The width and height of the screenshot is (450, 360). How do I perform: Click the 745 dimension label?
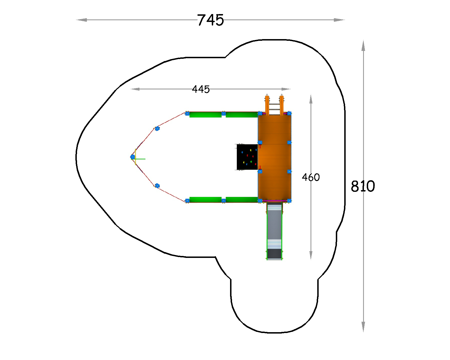tap(210, 20)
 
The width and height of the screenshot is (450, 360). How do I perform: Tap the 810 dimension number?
tap(363, 186)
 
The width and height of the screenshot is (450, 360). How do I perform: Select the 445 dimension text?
tap(201, 89)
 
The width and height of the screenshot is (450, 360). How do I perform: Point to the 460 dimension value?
tap(311, 177)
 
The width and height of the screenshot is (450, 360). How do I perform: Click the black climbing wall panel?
tap(247, 157)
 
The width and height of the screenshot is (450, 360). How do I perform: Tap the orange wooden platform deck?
tap(274, 157)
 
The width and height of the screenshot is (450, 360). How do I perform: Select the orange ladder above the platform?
tap(274, 105)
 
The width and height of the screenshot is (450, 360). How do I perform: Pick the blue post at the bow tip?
tap(132, 157)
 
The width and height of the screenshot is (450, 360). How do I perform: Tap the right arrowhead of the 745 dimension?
tap(339, 20)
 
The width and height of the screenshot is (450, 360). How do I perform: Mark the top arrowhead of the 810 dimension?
tap(363, 46)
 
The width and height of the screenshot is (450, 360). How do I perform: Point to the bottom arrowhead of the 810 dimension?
tap(363, 327)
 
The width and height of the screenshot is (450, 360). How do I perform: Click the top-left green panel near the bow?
tap(205, 115)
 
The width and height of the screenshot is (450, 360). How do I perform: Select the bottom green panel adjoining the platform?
tap(242, 200)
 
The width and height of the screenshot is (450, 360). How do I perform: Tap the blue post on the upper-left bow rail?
tap(157, 129)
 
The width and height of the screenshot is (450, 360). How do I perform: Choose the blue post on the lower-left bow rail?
tap(157, 186)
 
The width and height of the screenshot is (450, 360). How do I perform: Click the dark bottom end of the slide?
tap(274, 254)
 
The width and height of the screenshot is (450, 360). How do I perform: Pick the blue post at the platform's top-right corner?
tap(289, 113)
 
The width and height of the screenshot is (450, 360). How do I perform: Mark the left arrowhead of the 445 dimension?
tap(135, 89)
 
